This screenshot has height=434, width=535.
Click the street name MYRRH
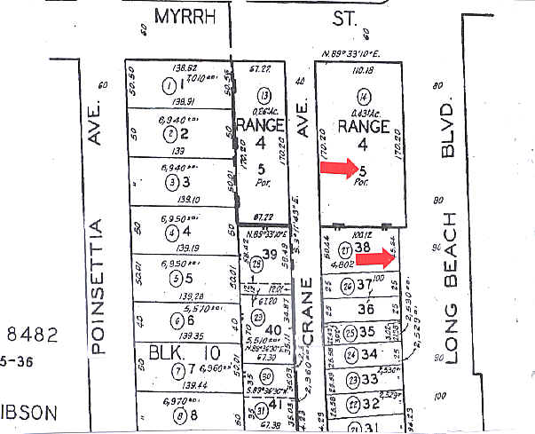(x=185, y=15)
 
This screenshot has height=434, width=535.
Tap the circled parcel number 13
(x=263, y=96)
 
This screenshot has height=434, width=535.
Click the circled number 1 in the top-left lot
(x=169, y=86)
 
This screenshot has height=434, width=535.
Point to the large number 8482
(x=32, y=335)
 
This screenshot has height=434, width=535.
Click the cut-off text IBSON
(x=28, y=413)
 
